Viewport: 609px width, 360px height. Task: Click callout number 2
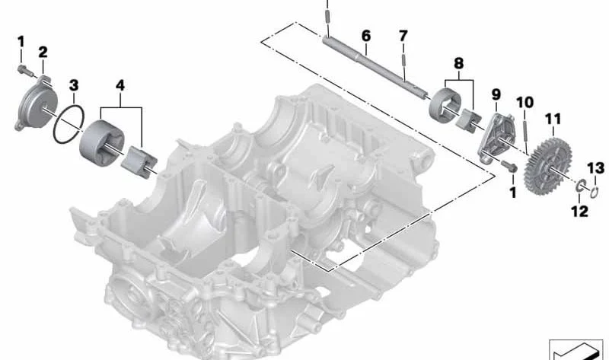click(43, 52)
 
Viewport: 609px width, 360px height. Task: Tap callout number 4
click(120, 85)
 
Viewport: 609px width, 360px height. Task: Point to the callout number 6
click(366, 36)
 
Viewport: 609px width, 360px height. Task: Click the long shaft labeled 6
click(375, 66)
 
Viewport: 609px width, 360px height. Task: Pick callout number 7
click(403, 36)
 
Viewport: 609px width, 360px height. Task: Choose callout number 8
click(459, 63)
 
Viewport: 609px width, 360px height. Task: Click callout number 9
click(496, 94)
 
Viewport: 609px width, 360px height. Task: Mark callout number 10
click(525, 103)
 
